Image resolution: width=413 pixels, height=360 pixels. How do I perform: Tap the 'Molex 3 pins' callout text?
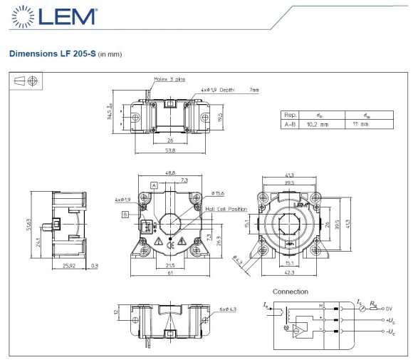coord(169,79)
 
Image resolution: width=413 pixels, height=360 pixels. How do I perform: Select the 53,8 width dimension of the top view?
coord(170,151)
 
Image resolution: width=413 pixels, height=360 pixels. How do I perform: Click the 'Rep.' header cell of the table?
coord(290,114)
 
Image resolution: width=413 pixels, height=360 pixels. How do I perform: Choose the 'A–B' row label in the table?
coord(291,124)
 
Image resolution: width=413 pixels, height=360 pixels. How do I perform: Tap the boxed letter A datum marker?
coord(153,185)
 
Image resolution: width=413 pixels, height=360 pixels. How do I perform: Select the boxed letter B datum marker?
coord(125,213)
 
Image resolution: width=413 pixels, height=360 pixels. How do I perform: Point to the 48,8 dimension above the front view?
coord(171,173)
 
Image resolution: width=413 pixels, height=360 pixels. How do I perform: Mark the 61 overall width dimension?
coord(170,274)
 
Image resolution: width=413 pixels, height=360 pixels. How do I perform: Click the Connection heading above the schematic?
coord(291,292)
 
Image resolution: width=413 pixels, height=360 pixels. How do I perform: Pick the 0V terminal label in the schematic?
coord(390,308)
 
